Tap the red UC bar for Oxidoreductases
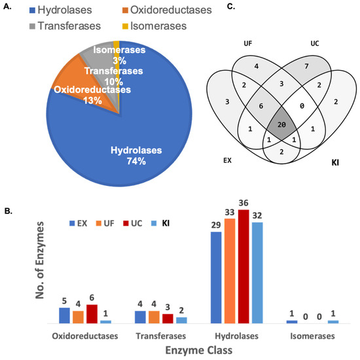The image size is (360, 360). (92, 314)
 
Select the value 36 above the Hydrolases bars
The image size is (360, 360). (244, 204)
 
